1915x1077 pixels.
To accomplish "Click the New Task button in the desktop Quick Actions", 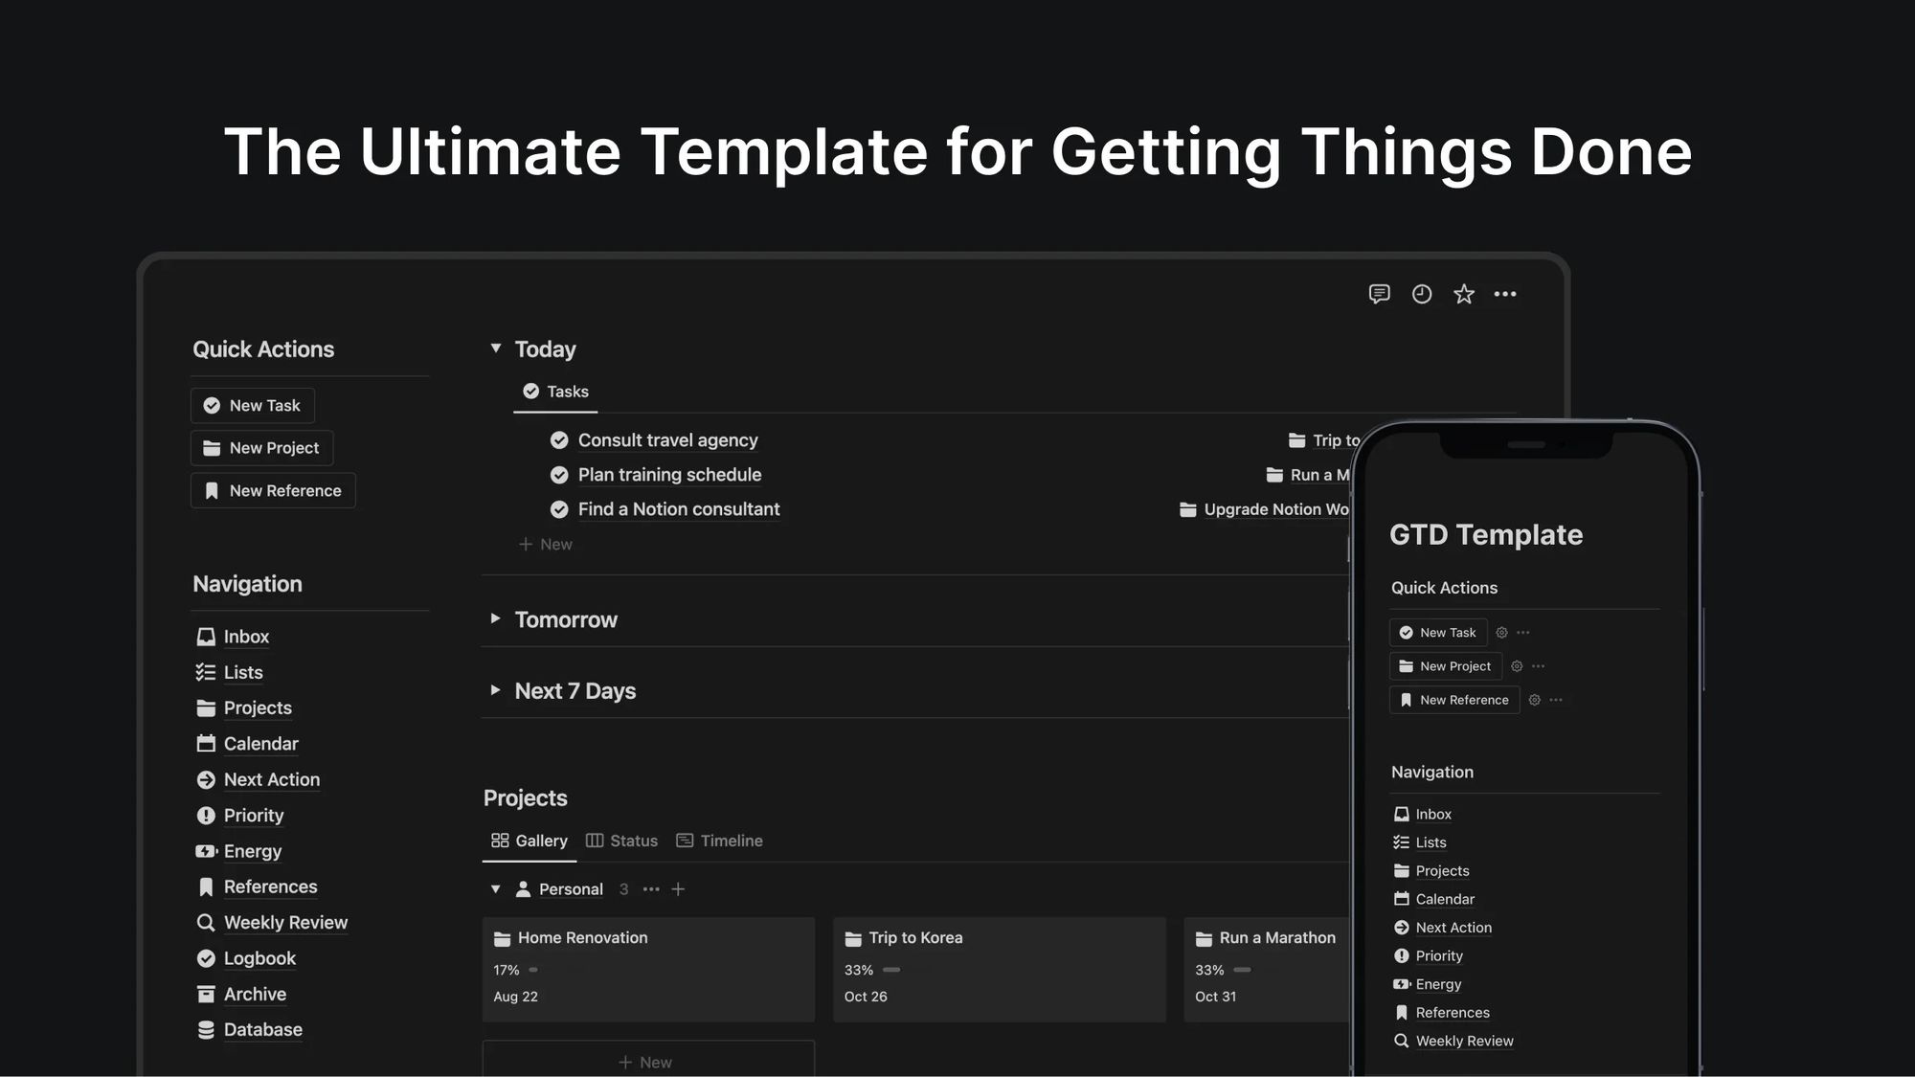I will pos(253,406).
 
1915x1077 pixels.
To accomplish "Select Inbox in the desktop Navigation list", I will pos(245,637).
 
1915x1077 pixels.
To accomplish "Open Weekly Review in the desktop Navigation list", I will pos(285,923).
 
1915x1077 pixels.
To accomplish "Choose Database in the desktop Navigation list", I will pos(262,1030).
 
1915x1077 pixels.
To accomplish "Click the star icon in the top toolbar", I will pos(1463,294).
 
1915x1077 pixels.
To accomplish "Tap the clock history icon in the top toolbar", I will pos(1422,294).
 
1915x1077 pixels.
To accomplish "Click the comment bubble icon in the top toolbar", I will pos(1379,294).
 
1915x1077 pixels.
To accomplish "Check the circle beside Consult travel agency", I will pos(559,440).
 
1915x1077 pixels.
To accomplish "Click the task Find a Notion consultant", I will pos(678,509).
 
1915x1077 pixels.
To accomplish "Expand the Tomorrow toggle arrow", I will pos(495,618).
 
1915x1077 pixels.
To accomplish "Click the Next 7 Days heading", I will pos(574,691).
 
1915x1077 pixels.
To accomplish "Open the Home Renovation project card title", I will pos(582,938).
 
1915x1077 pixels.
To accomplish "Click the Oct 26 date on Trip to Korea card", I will pos(866,997).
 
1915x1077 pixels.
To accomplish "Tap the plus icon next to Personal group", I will pos(678,889).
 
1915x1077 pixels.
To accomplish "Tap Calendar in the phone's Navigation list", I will pos(1444,899).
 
